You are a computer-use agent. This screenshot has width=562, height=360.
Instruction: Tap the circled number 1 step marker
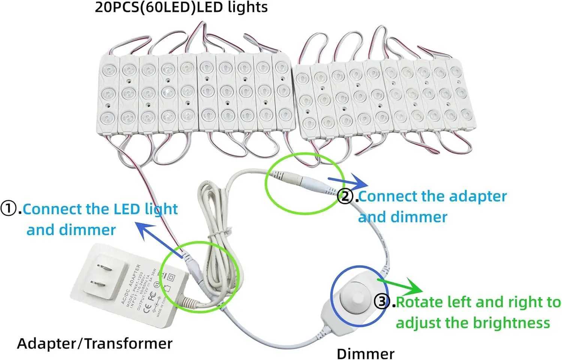coord(8,209)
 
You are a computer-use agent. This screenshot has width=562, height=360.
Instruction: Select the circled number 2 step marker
coord(345,196)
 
